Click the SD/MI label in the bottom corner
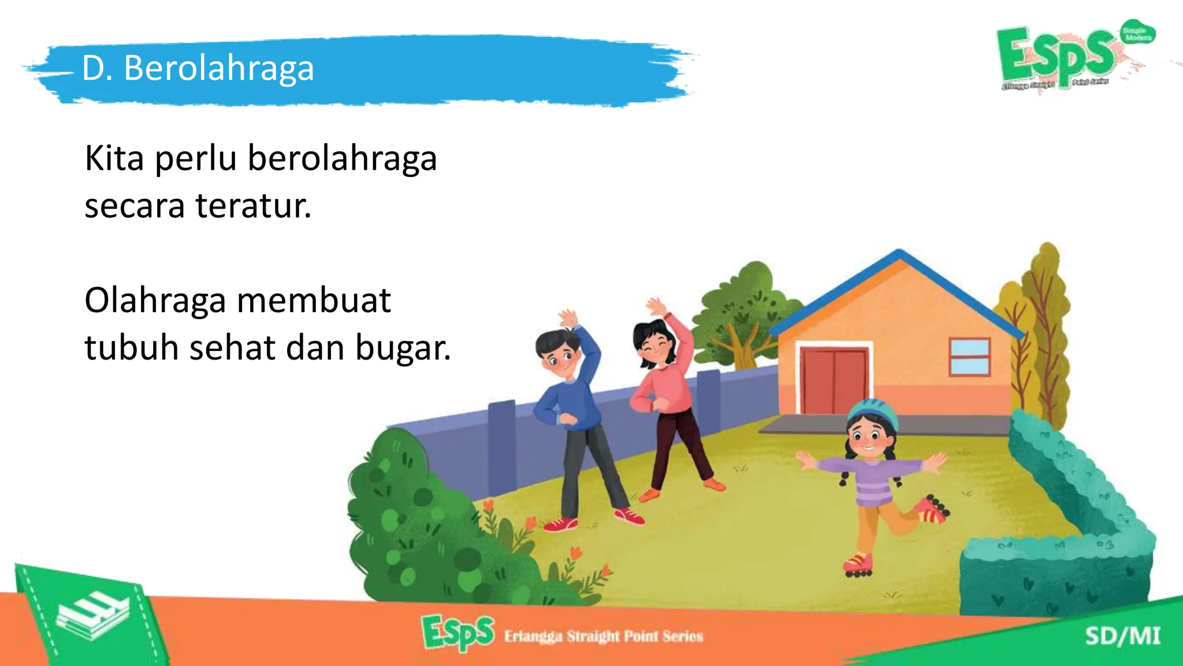click(x=1122, y=636)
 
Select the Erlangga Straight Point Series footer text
click(x=603, y=637)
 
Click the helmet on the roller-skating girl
click(x=872, y=412)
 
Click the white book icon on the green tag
click(x=92, y=615)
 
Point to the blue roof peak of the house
click(x=899, y=254)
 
